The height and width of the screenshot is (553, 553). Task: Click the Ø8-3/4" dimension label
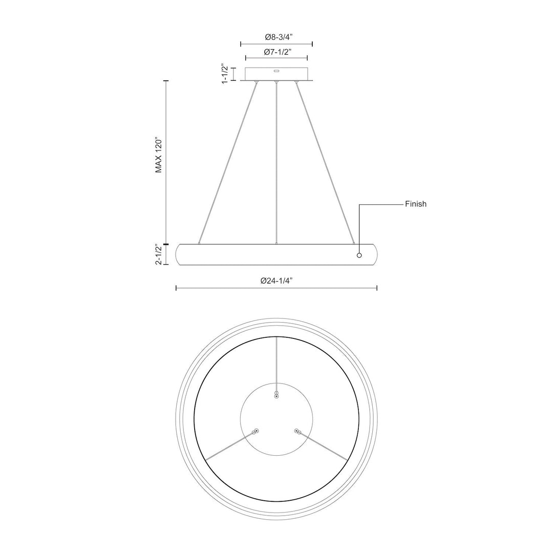[276, 37]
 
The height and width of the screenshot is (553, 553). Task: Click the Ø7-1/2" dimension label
[276, 52]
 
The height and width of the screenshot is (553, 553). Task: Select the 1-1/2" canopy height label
[225, 74]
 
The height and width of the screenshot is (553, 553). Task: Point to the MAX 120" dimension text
[159, 155]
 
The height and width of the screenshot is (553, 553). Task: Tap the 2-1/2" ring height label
[159, 255]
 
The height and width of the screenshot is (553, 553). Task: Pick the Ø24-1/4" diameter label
[276, 281]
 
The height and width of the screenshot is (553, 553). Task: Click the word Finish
[416, 204]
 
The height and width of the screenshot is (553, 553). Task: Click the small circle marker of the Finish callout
[359, 255]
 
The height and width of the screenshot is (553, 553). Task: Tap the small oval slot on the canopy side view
[276, 72]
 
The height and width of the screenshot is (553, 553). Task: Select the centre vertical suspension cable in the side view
[276, 164]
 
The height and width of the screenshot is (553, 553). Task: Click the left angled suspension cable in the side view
[228, 164]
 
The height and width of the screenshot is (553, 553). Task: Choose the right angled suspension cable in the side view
[325, 164]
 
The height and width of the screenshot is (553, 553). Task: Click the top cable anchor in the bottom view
[276, 395]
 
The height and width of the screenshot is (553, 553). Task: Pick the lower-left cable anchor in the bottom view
[256, 431]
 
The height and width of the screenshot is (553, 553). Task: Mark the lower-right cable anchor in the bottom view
[297, 431]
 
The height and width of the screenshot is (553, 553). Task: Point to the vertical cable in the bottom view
[276, 361]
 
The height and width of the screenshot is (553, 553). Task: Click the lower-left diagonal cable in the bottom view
[230, 445]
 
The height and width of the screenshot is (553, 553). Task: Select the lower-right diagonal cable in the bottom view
[323, 445]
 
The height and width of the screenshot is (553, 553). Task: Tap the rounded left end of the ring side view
[179, 255]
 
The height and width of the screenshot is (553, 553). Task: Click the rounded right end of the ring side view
[374, 255]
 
